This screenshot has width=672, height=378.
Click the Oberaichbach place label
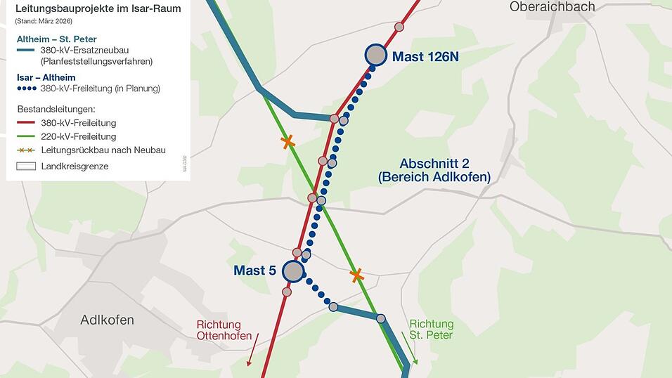click(552, 7)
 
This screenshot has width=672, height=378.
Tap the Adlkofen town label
click(107, 320)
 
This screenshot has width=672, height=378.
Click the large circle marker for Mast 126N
click(376, 55)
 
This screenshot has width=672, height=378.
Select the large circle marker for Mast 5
click(292, 271)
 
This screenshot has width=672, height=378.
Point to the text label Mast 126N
click(425, 57)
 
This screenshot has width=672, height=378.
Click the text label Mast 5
click(250, 271)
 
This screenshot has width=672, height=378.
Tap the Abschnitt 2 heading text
click(434, 164)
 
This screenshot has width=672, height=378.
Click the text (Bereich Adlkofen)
click(434, 178)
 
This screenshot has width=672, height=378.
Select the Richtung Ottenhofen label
click(219, 331)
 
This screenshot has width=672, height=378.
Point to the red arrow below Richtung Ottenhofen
click(252, 350)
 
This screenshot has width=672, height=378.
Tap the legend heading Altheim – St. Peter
click(56, 39)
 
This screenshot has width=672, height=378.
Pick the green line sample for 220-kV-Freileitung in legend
click(26, 137)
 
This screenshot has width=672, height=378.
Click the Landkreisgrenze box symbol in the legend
click(26, 167)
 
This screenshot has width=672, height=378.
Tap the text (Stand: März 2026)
click(44, 22)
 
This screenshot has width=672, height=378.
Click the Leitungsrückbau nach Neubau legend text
click(103, 150)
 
